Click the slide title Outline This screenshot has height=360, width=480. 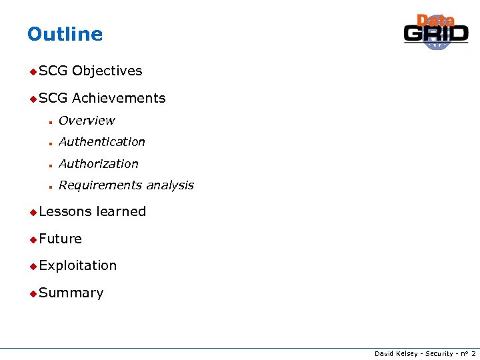tap(65, 34)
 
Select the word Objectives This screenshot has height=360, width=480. tap(107, 71)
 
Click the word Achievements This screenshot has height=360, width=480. tap(119, 98)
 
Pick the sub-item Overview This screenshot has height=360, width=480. tap(87, 121)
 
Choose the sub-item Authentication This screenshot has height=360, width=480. tap(101, 142)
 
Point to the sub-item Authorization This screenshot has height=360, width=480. tap(98, 164)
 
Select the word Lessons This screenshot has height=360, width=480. tap(65, 211)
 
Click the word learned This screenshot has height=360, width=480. tap(121, 211)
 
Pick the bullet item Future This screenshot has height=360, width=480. tap(60, 239)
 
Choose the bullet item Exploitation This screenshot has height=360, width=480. tap(77, 265)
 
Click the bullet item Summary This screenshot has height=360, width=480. tap(71, 293)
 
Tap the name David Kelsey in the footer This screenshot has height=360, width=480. tap(393, 353)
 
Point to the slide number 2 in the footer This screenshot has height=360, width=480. tap(473, 353)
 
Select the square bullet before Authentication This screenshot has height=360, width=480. tap(50, 143)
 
